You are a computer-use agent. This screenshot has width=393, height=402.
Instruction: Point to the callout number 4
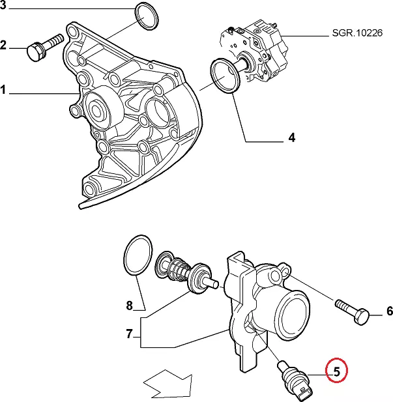point(291,137)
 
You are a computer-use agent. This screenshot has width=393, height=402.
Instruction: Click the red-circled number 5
point(337,372)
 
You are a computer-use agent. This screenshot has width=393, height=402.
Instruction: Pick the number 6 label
point(389,311)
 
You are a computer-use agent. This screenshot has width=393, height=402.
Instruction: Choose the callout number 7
point(129,336)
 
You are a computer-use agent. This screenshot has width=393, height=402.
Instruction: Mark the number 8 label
point(129,305)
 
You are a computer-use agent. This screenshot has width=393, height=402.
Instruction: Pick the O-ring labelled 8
point(138,257)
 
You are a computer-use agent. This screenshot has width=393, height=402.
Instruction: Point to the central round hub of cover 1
point(103,106)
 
